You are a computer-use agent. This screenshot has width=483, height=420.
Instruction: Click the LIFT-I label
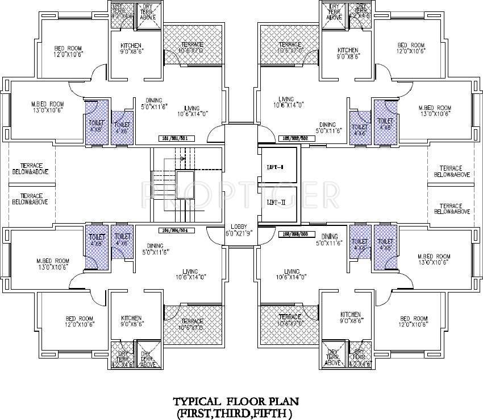pyautogui.click(x=276, y=167)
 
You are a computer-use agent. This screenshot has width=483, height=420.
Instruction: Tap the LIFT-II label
pyautogui.click(x=276, y=202)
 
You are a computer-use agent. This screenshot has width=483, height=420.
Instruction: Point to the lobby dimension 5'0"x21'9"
pyautogui.click(x=239, y=233)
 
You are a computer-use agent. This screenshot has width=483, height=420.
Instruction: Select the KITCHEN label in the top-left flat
pyautogui.click(x=131, y=46)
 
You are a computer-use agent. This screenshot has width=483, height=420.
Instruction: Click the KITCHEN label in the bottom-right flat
pyautogui.click(x=351, y=315)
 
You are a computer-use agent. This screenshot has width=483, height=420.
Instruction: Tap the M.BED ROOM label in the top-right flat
pyautogui.click(x=435, y=108)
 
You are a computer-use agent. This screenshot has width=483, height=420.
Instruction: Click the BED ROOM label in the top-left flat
pyautogui.click(x=66, y=47)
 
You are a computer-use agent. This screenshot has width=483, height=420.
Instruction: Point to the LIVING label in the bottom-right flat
pyautogui.click(x=292, y=271)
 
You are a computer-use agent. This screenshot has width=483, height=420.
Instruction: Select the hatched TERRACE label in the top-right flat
pyautogui.click(x=290, y=44)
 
